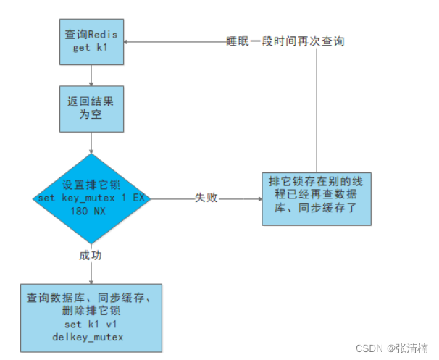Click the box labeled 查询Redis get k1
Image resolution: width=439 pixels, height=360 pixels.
91,41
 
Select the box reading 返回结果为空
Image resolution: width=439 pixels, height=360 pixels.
91,109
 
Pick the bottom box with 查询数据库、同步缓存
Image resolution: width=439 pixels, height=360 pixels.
92,317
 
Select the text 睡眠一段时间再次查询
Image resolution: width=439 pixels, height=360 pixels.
285,41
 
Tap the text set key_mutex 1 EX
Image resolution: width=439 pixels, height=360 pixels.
91,198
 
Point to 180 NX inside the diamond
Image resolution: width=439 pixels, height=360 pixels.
91,210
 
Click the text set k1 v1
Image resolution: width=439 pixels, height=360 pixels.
92,325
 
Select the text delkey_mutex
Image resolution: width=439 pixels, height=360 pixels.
92,337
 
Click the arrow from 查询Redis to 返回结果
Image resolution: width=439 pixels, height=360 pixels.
91,75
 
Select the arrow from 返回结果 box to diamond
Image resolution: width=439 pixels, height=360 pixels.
91,143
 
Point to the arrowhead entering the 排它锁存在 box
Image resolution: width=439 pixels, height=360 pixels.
258,198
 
